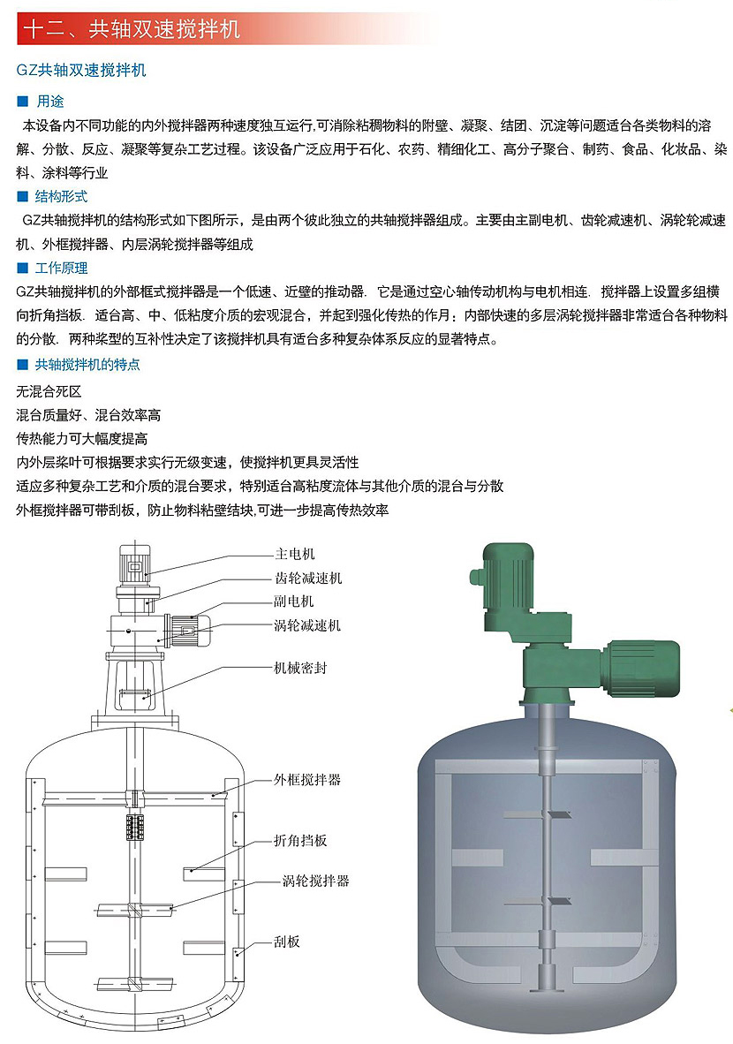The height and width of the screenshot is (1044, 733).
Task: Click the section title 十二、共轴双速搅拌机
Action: (x=132, y=30)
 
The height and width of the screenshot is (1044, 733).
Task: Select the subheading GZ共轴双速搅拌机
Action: (x=81, y=70)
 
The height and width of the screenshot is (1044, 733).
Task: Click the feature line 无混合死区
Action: (x=49, y=391)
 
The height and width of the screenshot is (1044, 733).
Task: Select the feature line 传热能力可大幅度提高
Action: (x=82, y=439)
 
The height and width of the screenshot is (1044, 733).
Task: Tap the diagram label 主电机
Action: (x=295, y=554)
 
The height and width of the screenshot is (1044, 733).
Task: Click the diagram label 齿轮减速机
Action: (x=308, y=578)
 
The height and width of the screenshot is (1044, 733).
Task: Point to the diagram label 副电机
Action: (x=293, y=601)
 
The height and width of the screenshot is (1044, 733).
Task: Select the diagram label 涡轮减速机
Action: (x=307, y=625)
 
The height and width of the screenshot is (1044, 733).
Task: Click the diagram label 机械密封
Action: (x=300, y=668)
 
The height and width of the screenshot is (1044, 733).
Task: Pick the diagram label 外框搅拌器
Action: (x=307, y=780)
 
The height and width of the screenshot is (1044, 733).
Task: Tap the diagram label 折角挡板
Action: (x=300, y=840)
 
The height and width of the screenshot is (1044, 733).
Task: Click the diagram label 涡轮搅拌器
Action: (x=315, y=881)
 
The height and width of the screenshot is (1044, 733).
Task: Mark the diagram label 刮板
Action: (x=287, y=942)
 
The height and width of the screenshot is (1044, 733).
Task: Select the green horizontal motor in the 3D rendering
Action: (x=640, y=668)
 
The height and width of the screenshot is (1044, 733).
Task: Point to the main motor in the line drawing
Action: (x=134, y=564)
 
